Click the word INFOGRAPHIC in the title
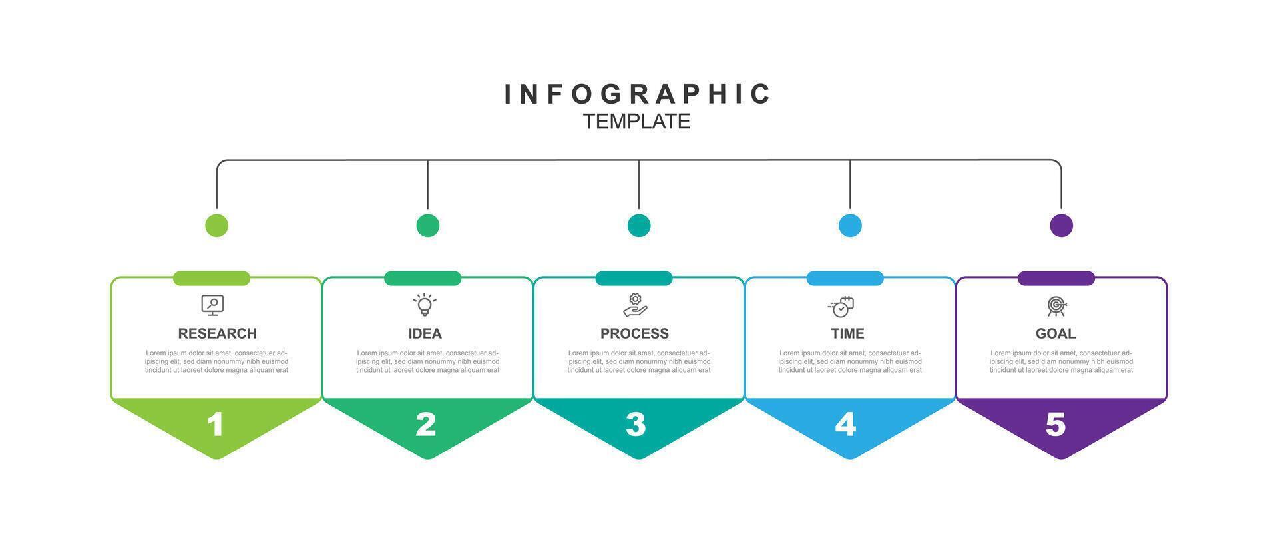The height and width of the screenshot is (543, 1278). tap(637, 94)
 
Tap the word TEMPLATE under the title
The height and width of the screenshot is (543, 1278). tap(637, 122)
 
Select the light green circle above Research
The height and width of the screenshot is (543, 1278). tap(216, 225)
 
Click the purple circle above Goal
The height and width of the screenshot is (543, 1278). tap(1061, 225)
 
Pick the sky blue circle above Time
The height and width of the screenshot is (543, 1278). tap(850, 225)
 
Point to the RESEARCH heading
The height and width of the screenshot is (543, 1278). tap(217, 333)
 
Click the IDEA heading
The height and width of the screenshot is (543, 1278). tap(425, 333)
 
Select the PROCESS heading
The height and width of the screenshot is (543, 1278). tap(634, 333)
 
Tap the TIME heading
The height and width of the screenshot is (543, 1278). tap(847, 333)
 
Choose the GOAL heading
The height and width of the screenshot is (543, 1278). tap(1056, 333)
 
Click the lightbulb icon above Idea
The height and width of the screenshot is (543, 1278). tap(425, 305)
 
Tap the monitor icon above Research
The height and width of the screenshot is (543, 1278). tap(212, 305)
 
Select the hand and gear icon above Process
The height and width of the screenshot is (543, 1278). tap(635, 305)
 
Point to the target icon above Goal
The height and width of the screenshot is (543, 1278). tap(1056, 306)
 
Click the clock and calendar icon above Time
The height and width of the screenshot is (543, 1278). tap(841, 307)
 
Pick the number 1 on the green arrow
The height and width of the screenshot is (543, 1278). tap(215, 425)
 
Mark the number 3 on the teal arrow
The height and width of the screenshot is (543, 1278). tap(636, 425)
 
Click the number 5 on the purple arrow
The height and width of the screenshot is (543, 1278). tap(1056, 425)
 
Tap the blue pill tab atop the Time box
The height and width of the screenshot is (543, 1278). tap(845, 278)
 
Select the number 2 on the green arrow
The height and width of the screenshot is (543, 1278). tap(426, 425)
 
